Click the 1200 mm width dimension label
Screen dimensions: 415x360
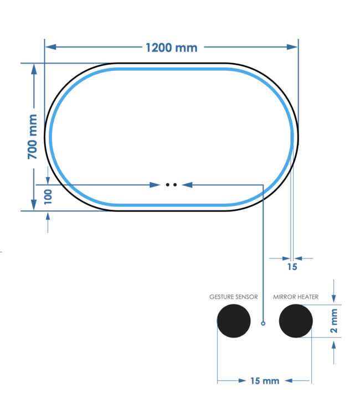tap(171, 47)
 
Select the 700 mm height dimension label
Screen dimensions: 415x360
tap(33, 137)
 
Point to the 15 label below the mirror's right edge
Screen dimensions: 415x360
tap(292, 267)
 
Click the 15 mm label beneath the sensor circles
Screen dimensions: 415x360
tap(264, 381)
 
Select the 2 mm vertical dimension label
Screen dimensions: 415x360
tap(334, 322)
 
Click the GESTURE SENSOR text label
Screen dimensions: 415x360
tap(233, 297)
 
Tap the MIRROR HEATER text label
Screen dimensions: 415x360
tap(296, 297)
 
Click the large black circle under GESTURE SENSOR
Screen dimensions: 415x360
tap(233, 321)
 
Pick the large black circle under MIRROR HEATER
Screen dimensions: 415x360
tap(296, 321)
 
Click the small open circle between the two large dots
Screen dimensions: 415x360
tap(264, 323)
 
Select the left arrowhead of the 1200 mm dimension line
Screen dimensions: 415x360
tap(50, 47)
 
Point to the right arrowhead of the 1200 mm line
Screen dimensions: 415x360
tap(293, 47)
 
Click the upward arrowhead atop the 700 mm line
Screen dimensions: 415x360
tap(34, 69)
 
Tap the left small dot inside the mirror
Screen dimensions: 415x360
tap(168, 185)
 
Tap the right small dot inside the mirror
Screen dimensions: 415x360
tap(175, 185)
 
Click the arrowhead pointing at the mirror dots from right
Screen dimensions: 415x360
tap(186, 185)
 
